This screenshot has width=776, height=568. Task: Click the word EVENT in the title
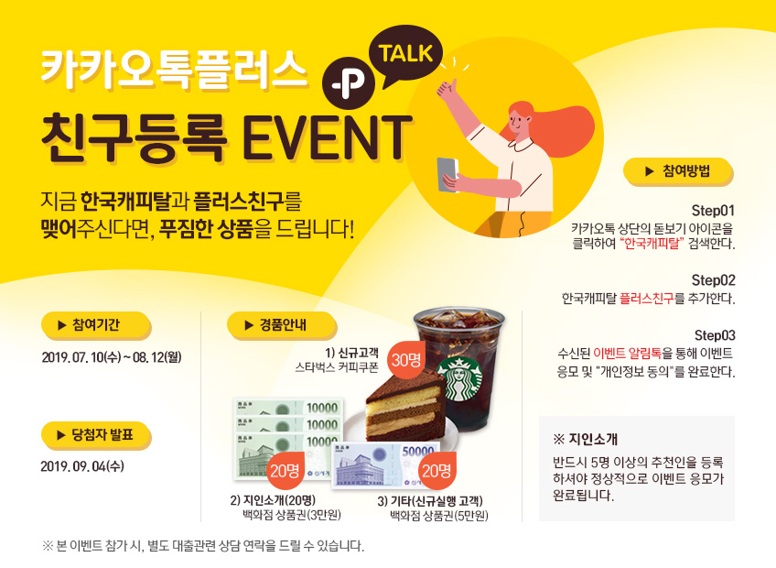pyautogui.click(x=327, y=137)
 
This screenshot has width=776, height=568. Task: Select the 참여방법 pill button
pyautogui.click(x=678, y=171)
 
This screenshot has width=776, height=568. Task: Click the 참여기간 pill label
pyautogui.click(x=96, y=325)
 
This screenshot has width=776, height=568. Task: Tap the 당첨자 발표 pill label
pyautogui.click(x=96, y=436)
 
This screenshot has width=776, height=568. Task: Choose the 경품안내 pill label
pyautogui.click(x=282, y=325)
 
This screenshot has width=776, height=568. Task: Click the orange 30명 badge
pyautogui.click(x=405, y=359)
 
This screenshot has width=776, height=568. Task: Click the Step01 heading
pyautogui.click(x=713, y=211)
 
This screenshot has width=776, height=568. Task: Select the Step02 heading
pyautogui.click(x=713, y=280)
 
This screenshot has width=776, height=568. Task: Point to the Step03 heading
pyautogui.click(x=715, y=335)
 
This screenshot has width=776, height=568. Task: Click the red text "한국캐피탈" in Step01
pyautogui.click(x=652, y=244)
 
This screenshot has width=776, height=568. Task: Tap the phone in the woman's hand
pyautogui.click(x=447, y=174)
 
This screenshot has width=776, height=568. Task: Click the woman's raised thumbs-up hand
pyautogui.click(x=447, y=90)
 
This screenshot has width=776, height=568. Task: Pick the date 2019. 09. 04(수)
pyautogui.click(x=82, y=467)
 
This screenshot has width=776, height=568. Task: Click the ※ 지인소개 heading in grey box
pyautogui.click(x=585, y=440)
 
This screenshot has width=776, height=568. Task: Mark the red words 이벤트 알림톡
pyautogui.click(x=627, y=354)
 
